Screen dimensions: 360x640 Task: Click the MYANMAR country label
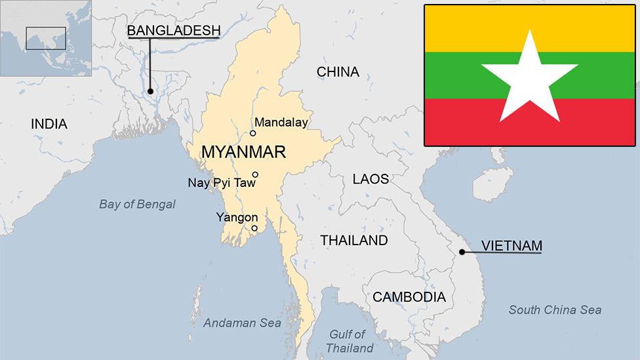tap(243, 152)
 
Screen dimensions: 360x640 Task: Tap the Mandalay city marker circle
tap(253, 133)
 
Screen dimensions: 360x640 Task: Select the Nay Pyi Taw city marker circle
tap(256, 174)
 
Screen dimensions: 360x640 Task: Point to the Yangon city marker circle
tap(254, 228)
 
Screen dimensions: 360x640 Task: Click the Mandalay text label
tap(281, 122)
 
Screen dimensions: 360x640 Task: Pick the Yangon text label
tap(237, 217)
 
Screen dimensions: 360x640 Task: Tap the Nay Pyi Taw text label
tap(221, 183)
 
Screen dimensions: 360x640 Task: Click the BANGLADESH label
tap(173, 31)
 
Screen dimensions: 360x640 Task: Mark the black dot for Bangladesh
tap(150, 91)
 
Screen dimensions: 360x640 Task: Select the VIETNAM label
tap(511, 246)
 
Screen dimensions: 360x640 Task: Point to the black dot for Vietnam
tap(462, 252)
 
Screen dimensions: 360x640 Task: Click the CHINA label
tap(338, 72)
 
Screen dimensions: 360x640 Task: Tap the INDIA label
tap(49, 124)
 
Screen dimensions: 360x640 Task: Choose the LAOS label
tap(370, 179)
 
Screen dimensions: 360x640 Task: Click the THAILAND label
tap(354, 241)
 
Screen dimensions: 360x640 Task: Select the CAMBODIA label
tap(409, 297)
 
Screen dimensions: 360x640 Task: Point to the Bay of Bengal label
tap(137, 205)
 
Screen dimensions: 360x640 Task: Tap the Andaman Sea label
tap(242, 323)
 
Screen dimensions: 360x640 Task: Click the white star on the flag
tap(530, 79)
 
